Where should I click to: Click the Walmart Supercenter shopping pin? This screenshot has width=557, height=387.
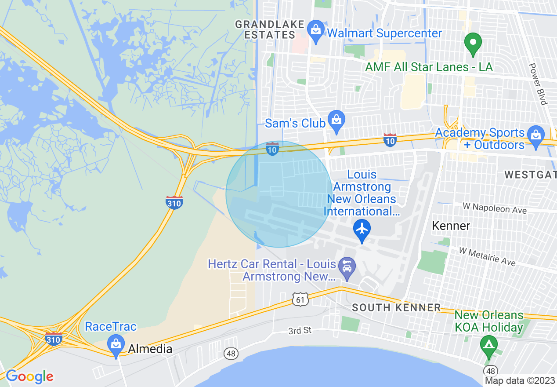point(315,31)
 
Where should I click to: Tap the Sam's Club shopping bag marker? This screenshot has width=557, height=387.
point(336,120)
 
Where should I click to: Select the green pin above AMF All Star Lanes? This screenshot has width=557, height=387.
point(473,44)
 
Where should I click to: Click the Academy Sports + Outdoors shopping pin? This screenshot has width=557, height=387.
point(535,135)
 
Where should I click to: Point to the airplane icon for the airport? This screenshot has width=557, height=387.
point(362,229)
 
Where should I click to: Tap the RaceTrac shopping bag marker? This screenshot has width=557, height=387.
point(116,344)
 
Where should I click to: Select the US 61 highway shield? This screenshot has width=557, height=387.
point(300,300)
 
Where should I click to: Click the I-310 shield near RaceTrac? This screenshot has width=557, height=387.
point(53,339)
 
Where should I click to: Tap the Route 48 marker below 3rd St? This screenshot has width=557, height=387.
point(231,353)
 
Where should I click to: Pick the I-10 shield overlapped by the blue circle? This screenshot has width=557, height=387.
point(272,149)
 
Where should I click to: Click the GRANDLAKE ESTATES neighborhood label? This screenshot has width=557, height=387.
point(270,29)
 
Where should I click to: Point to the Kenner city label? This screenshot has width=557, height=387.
point(451,226)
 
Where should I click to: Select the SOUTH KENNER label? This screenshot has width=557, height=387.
point(396,307)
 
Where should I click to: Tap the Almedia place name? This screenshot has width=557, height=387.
point(150,350)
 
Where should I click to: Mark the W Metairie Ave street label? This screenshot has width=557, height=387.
point(487,256)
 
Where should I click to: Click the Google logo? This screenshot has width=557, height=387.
point(29,376)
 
